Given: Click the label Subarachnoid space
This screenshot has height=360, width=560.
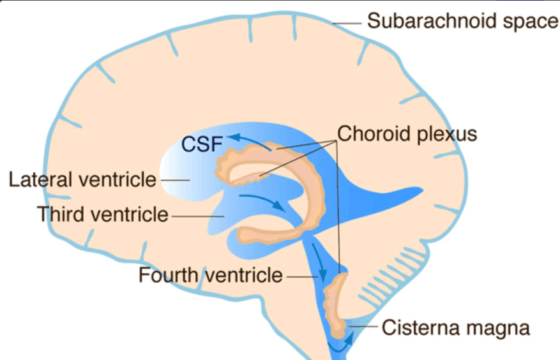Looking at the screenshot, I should [462, 21].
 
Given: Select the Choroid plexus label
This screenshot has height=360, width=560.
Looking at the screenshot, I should [407, 134].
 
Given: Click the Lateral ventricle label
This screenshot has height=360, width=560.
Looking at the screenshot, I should [82, 179].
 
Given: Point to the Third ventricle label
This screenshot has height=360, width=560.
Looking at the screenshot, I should [103, 214].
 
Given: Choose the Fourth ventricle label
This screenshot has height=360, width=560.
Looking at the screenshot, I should [210, 275].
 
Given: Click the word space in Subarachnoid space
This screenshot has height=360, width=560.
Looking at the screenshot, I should [529, 21].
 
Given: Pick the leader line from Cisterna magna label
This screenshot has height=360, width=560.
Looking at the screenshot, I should [364, 327].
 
